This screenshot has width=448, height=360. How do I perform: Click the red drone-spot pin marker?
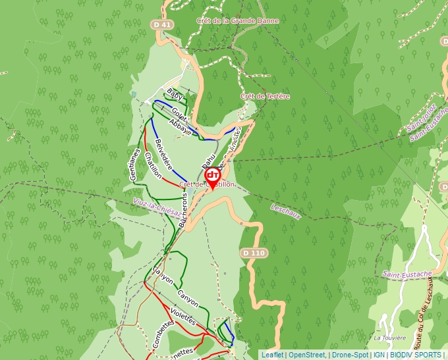coord(213,177)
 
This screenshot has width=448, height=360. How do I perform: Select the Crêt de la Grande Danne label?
coord(237,20)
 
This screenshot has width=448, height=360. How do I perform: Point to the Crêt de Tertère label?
coord(265,96)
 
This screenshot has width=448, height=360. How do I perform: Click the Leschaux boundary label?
coord(285,211)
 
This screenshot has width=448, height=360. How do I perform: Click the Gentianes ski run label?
coord(134,164)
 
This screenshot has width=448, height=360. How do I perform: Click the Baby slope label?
coord(174,94)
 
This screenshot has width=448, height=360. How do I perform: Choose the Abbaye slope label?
coord(180,127)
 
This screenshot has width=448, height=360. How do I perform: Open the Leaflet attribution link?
coord(272,355)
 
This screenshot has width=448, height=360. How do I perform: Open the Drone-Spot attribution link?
coord(350,355)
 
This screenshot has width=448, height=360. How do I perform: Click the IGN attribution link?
coord(379,355)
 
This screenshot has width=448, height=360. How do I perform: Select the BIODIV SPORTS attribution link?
coord(415,355)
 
